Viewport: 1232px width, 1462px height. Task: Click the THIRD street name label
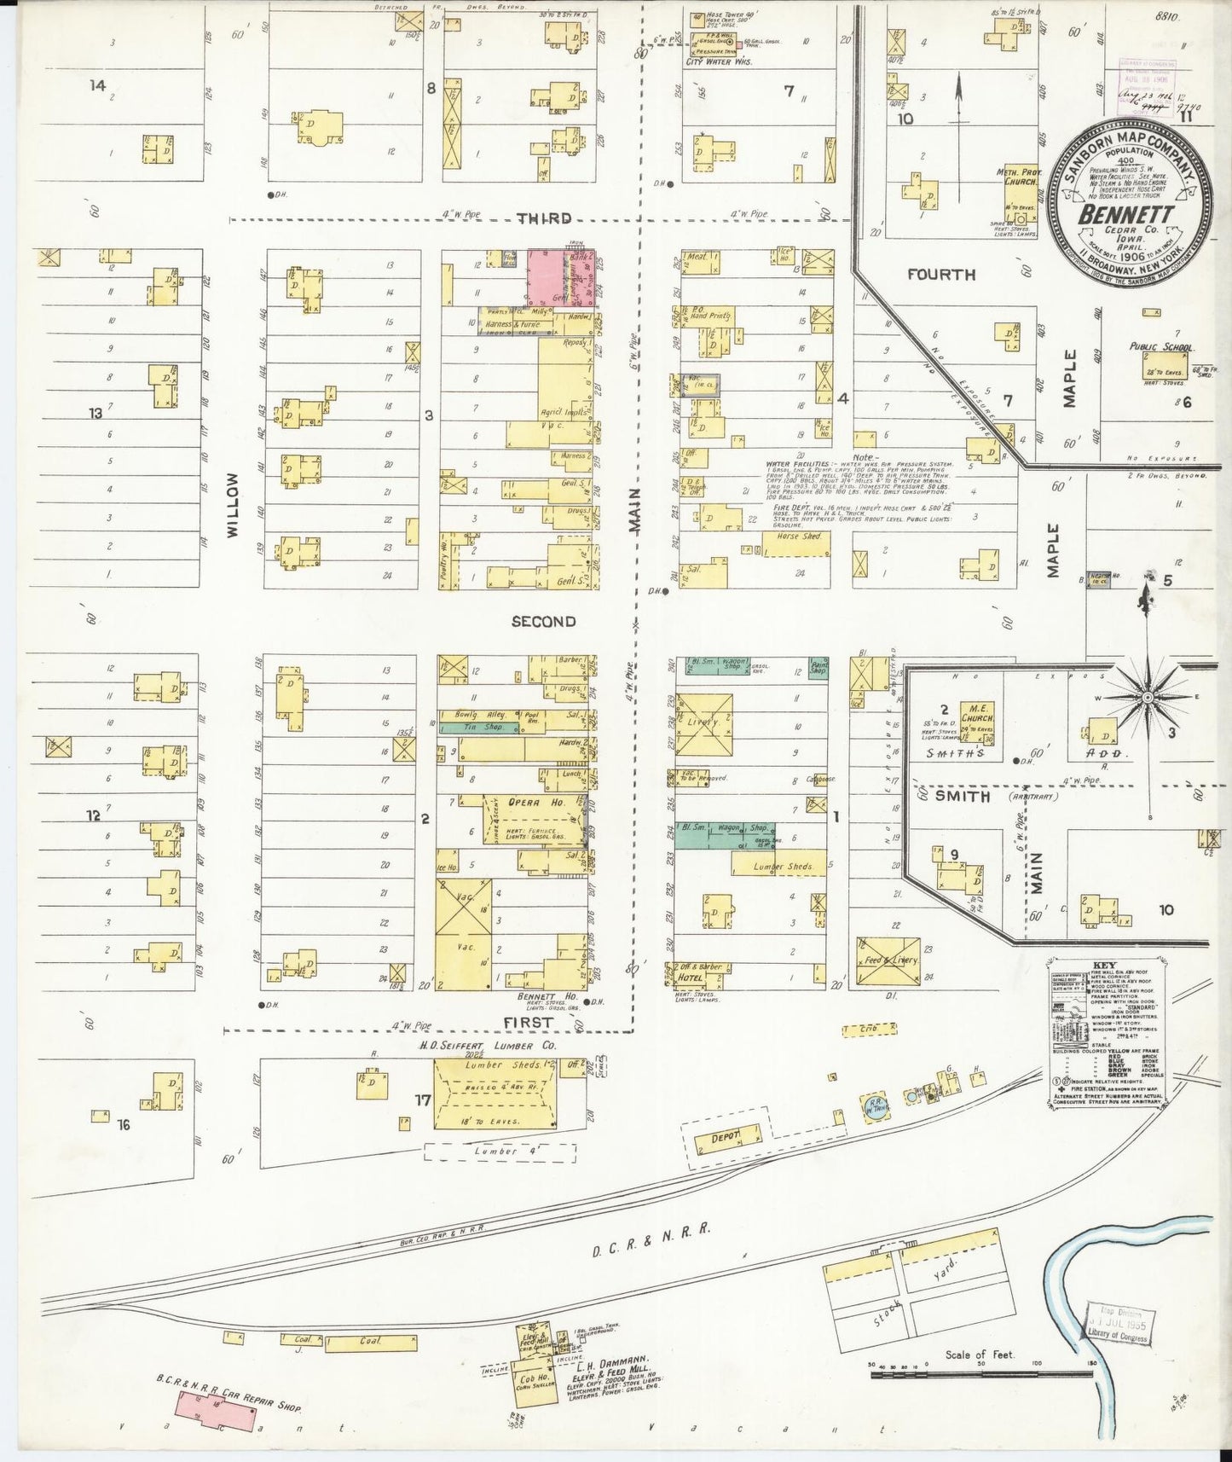(544, 218)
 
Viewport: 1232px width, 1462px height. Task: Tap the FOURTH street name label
(940, 275)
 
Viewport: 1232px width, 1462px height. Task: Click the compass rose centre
(1148, 697)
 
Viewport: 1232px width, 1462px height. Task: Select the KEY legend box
(1107, 1031)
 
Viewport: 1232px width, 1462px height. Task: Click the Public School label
(1161, 347)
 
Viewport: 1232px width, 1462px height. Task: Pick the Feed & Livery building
(888, 961)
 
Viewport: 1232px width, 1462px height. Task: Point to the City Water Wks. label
(720, 62)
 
